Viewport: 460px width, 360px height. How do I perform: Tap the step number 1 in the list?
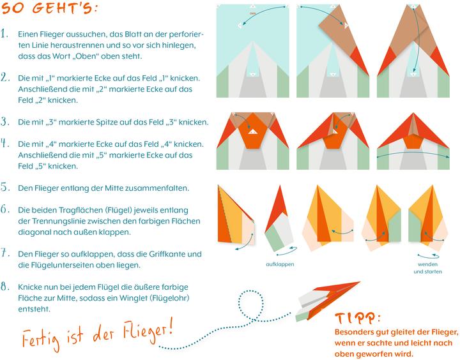click(x=5, y=33)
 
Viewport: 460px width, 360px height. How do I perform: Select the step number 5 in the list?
click(x=5, y=188)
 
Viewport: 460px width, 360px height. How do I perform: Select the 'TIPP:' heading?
click(x=358, y=319)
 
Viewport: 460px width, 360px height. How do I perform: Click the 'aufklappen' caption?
click(x=281, y=263)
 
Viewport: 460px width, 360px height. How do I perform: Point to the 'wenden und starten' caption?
click(x=427, y=267)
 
